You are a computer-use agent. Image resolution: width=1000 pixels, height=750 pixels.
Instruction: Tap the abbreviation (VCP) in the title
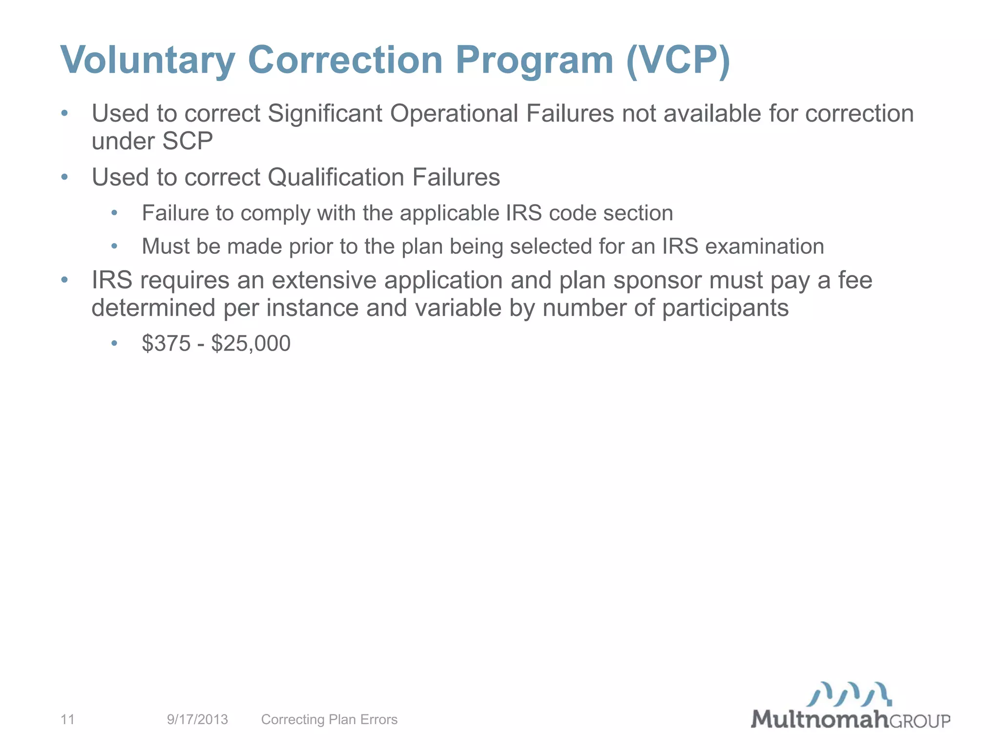(678, 61)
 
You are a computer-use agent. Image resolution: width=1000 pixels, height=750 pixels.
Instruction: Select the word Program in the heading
(534, 61)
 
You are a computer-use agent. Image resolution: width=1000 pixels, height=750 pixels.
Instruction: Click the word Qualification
(335, 177)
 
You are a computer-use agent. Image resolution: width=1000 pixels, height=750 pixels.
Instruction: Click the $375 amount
(166, 344)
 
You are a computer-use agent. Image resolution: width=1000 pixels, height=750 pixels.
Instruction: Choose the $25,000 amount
(251, 344)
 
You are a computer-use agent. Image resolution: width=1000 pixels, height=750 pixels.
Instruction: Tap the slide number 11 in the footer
(67, 719)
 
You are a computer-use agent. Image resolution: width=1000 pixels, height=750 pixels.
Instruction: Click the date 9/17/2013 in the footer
(197, 719)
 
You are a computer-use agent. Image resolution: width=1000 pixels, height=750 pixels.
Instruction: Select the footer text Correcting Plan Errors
(329, 719)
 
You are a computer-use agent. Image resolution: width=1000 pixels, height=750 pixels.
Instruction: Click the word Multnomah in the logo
(819, 719)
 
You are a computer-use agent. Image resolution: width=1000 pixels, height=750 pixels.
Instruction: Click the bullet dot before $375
(114, 344)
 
